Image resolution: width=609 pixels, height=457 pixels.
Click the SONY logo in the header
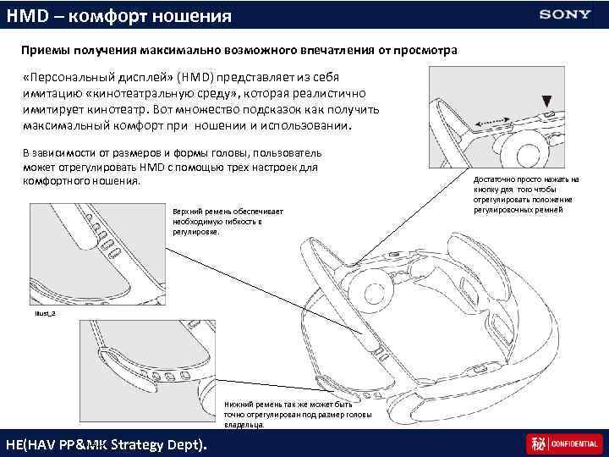(x=566, y=14)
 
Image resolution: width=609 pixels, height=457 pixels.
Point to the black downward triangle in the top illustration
(x=547, y=99)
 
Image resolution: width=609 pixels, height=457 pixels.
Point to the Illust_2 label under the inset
(x=46, y=312)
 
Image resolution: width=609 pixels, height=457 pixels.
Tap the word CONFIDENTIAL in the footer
(x=576, y=443)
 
